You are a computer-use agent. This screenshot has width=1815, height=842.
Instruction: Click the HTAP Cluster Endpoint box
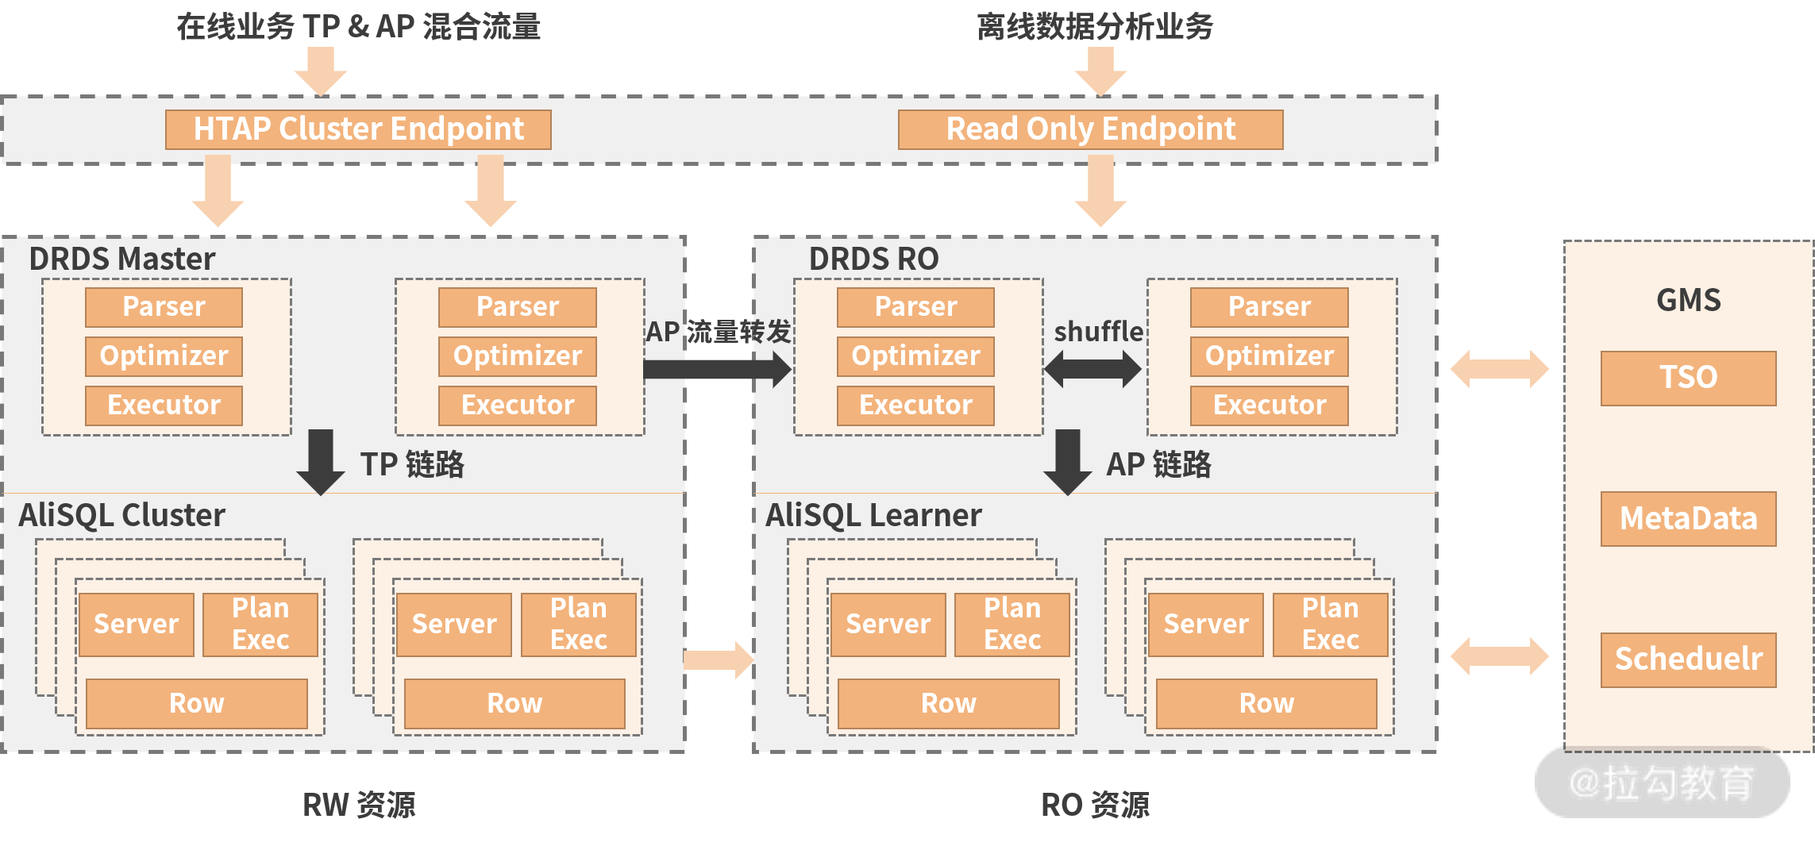358,129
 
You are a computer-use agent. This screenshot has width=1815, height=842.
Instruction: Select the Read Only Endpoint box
1090,129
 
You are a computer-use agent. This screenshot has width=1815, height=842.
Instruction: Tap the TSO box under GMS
1688,378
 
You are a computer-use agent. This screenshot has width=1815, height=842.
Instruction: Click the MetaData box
1688,519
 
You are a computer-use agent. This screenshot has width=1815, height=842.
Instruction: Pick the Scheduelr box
1688,659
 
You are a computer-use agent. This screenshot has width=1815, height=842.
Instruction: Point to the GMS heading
1688,300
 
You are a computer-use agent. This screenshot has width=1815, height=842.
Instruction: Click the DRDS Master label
121,259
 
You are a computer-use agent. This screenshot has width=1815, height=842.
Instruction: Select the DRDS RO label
873,259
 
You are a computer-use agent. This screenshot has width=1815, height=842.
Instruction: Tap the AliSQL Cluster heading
121,515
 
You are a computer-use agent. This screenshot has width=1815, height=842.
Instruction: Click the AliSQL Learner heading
873,515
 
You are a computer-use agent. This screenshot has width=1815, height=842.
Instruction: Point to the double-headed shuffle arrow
1092,369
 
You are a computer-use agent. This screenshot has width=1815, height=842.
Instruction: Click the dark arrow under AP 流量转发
717,369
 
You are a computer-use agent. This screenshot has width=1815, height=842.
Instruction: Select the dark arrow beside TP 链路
321,462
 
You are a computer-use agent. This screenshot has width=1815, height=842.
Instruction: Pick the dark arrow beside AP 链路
1068,462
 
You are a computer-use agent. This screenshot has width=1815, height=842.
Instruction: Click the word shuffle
1098,332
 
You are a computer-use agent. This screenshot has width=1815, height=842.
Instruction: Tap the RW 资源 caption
359,805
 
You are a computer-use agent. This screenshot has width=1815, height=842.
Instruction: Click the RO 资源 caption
1095,805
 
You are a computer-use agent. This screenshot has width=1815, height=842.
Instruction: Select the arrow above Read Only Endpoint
1100,71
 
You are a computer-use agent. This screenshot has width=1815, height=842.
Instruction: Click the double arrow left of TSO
1499,369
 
